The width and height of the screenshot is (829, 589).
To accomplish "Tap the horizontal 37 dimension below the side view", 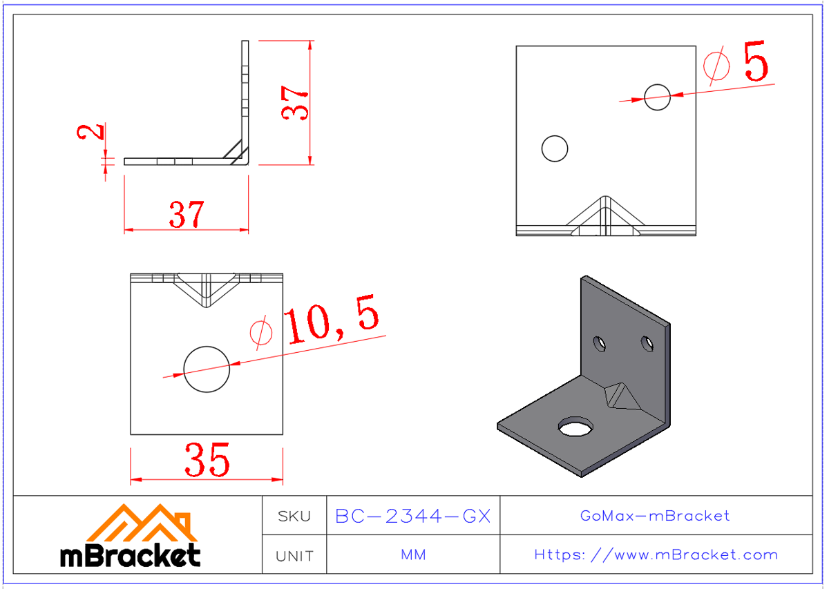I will (x=187, y=215).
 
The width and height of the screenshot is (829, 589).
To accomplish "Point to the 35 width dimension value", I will (x=207, y=460).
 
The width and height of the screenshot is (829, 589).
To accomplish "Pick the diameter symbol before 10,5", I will (x=260, y=333).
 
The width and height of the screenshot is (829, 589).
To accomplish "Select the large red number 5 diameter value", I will (x=755, y=62).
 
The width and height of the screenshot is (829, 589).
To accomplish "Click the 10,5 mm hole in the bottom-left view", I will (x=207, y=368).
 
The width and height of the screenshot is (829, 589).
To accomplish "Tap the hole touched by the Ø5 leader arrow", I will (x=657, y=97).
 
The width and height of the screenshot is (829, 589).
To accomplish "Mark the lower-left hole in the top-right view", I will (x=555, y=148).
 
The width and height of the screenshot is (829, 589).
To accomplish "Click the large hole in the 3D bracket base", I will (x=575, y=427).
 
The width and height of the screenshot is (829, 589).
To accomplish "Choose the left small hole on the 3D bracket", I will (x=600, y=343).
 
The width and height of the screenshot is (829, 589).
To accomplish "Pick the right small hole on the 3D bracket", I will (x=647, y=342).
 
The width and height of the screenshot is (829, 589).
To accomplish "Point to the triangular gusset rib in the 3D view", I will (x=618, y=396).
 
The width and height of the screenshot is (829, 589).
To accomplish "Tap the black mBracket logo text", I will (x=131, y=554).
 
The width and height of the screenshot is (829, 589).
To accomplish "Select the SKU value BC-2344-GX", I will (x=412, y=516).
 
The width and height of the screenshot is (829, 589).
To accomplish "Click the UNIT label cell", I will (x=294, y=555).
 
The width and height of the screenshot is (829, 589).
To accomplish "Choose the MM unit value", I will (x=412, y=555).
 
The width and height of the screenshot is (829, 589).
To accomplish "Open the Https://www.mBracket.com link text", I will (x=656, y=554).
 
